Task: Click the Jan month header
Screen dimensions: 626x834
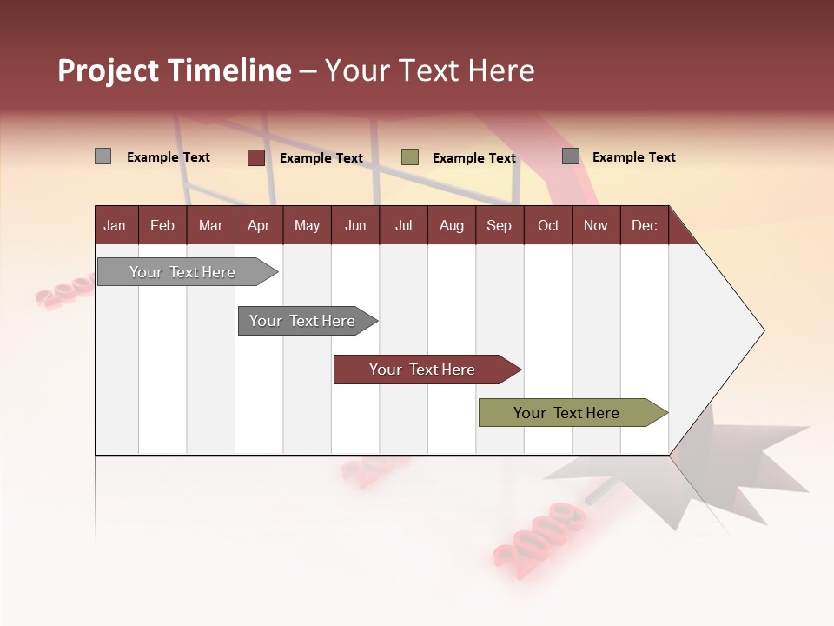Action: (x=115, y=226)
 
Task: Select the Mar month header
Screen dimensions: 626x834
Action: (x=210, y=226)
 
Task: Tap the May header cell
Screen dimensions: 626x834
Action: (x=307, y=226)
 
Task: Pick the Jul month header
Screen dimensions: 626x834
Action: (x=403, y=226)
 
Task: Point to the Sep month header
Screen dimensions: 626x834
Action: (x=499, y=226)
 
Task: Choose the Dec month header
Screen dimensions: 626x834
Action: (x=644, y=226)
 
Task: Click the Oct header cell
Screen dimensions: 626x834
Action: (x=548, y=226)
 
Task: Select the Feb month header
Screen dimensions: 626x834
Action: (x=162, y=226)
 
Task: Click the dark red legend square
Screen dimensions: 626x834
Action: (x=256, y=157)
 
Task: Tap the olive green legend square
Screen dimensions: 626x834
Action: (x=410, y=157)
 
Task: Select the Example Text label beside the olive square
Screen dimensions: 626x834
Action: (x=473, y=158)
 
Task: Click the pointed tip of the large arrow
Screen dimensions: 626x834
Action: (x=761, y=330)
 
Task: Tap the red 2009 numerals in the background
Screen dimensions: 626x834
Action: (x=539, y=535)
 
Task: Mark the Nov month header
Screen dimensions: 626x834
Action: (x=596, y=226)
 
